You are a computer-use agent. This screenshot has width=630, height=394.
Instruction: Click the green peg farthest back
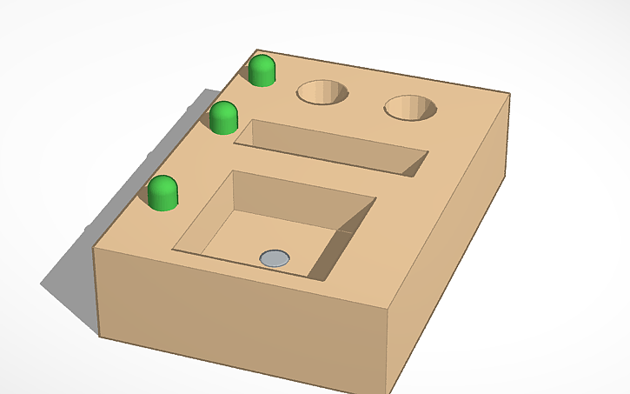(x=262, y=70)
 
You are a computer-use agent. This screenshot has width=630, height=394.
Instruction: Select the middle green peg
(x=224, y=117)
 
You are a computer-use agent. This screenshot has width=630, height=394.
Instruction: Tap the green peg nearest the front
(x=162, y=193)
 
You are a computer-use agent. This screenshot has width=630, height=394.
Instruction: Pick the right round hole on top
(x=410, y=108)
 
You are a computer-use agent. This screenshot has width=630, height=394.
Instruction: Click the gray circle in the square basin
(x=275, y=257)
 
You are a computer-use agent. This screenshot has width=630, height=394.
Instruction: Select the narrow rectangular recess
(x=330, y=149)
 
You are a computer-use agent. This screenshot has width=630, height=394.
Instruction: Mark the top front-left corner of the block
(x=94, y=249)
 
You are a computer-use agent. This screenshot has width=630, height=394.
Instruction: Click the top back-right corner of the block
(x=509, y=94)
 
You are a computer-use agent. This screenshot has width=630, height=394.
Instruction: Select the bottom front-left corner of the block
(x=99, y=336)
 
